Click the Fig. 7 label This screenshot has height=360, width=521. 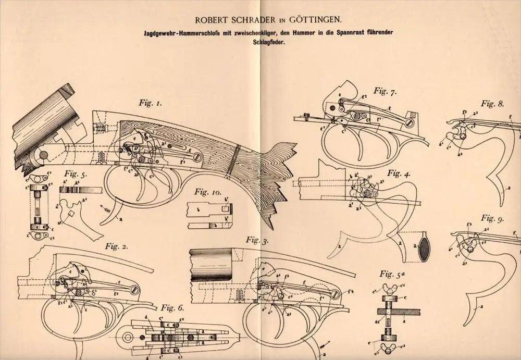[x=385, y=93]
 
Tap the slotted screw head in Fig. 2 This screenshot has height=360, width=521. [x=134, y=288]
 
